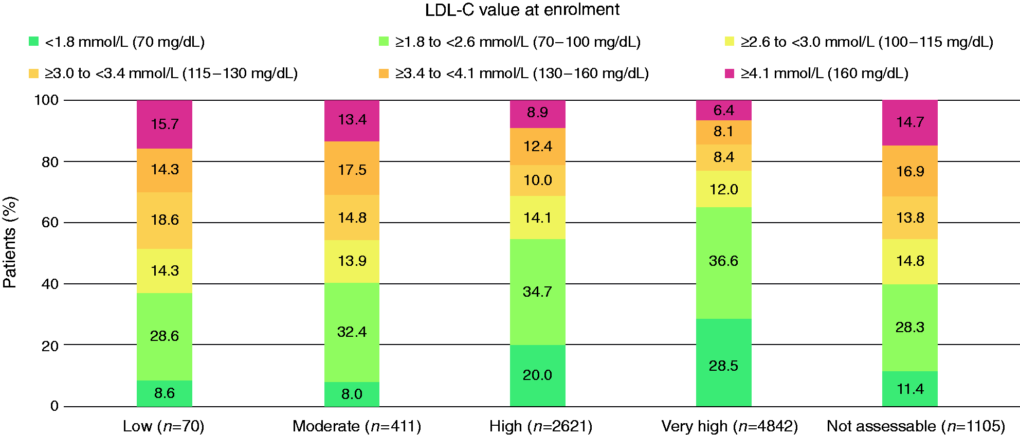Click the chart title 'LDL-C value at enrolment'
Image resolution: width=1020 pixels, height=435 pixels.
coord(522,10)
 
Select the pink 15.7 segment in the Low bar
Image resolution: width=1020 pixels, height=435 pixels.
coord(165,124)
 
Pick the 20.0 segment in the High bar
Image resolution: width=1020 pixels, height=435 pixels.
coord(538,375)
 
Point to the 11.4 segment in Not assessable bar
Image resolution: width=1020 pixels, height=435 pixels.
coord(910,389)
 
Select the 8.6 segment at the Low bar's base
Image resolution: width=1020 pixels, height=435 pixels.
coord(165,393)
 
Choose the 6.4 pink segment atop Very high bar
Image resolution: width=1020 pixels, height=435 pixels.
coord(724,110)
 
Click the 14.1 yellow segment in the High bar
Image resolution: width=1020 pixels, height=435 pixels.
coord(538,217)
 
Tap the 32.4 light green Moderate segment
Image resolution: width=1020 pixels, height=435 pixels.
coord(352,332)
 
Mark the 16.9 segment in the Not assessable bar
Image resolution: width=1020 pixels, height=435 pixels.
coord(910,171)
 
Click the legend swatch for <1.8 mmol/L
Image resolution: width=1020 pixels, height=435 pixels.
coord(34,41)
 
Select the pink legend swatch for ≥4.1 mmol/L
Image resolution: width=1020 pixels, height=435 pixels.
coord(729,73)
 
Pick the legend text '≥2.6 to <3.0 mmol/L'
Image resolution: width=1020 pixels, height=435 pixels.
coord(807,42)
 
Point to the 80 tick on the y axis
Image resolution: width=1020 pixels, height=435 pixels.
coord(50,161)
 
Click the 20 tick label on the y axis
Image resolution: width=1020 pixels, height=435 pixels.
coord(50,346)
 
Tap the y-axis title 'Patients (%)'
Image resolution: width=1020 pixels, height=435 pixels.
coord(10,242)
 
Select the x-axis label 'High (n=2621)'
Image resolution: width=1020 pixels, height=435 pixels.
coord(541,426)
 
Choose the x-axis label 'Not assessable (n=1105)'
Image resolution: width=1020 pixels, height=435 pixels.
coord(916,426)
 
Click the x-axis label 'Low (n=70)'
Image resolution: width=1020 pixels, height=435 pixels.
coord(163,426)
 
